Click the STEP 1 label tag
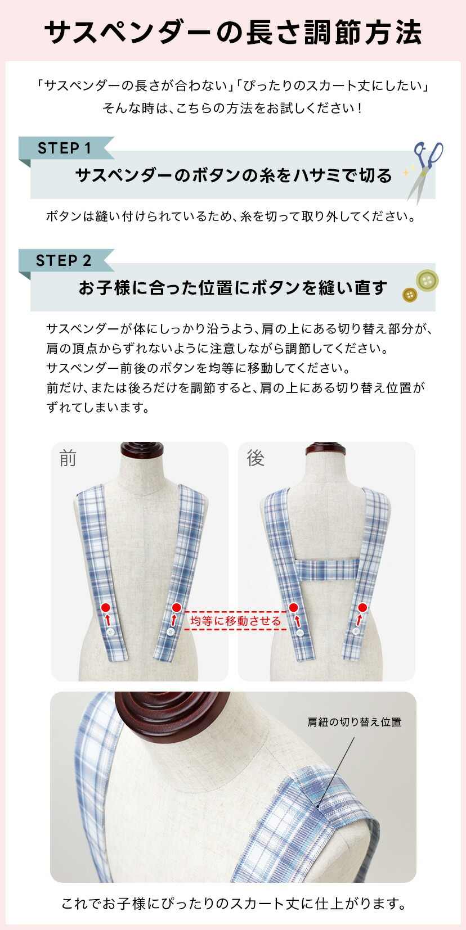pos(64,148)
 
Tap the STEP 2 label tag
pos(64,261)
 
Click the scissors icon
pos(424,170)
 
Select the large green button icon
pos(427,280)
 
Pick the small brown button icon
pos(410,295)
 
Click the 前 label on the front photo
pos(68,458)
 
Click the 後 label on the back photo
pos(256,458)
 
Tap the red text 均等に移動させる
pos(235,621)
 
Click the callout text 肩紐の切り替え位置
pos(354,722)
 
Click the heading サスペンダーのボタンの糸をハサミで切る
pos(233,175)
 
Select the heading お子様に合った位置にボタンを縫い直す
pos(233,288)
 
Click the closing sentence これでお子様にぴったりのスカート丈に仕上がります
pos(233,904)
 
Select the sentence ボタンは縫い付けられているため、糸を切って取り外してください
pos(231,216)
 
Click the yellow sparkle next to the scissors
pos(407,172)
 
